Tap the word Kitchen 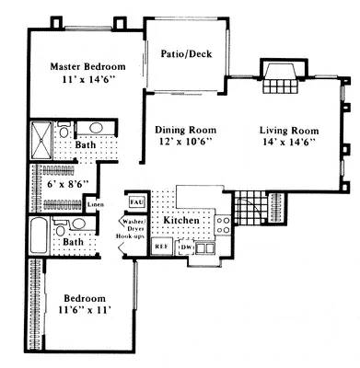181,222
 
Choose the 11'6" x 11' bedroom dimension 85,311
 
